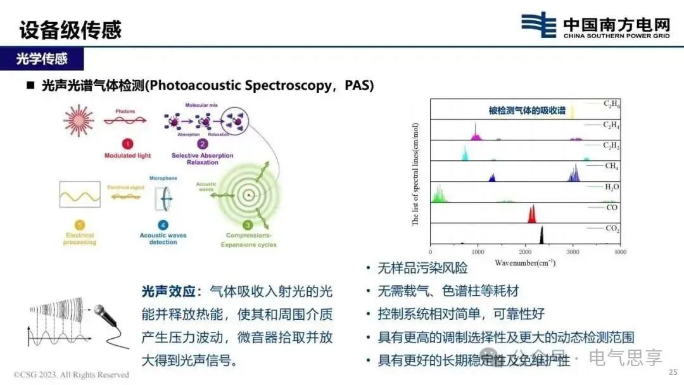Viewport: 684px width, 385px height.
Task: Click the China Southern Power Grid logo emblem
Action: point(539,25)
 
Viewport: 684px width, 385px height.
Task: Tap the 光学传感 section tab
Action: point(42,60)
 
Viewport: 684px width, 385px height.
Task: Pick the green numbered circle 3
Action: point(248,224)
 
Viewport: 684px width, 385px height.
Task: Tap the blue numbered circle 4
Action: point(163,224)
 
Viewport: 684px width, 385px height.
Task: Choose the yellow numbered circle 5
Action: point(79,224)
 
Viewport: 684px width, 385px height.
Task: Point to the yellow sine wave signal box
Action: point(79,194)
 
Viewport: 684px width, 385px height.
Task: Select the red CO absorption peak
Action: point(532,213)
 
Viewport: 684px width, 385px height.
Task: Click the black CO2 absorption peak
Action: point(542,234)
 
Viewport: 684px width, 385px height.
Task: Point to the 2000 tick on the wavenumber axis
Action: point(526,252)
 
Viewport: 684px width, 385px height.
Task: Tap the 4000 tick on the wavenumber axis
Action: point(620,252)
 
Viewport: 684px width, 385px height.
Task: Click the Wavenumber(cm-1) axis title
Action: point(525,262)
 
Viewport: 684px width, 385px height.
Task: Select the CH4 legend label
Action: point(611,166)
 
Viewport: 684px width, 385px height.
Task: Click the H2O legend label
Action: point(611,187)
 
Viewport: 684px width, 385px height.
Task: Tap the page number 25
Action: point(673,372)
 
